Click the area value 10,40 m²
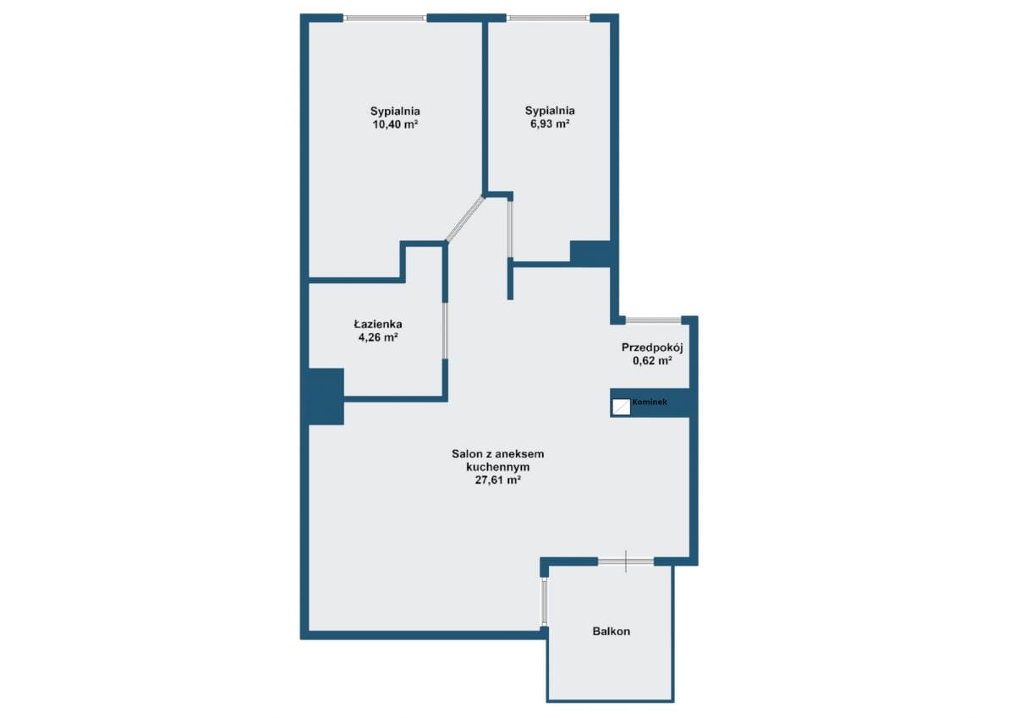click(x=395, y=124)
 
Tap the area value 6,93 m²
click(x=550, y=123)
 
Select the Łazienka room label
click(x=378, y=324)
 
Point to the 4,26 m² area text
click(x=378, y=337)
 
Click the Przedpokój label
click(x=652, y=348)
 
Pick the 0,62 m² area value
click(x=652, y=360)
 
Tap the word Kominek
click(x=650, y=402)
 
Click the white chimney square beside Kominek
click(x=621, y=407)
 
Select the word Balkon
click(x=612, y=632)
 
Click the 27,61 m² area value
click(x=497, y=480)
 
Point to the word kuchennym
click(x=498, y=467)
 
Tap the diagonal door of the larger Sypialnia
click(x=464, y=218)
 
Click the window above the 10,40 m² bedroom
click(x=385, y=18)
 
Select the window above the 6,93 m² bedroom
click(x=548, y=18)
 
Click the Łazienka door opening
click(x=445, y=331)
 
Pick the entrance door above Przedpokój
click(x=653, y=321)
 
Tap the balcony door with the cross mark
click(x=626, y=562)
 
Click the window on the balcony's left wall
click(x=544, y=602)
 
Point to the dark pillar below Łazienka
click(x=326, y=397)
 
